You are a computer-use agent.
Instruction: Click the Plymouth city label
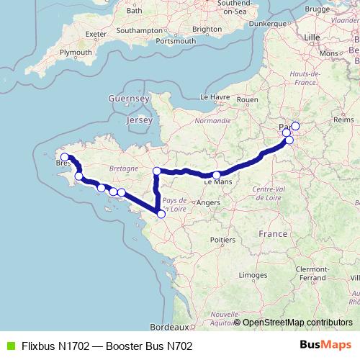coord(75,53)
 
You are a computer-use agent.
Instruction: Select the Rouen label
coord(246,99)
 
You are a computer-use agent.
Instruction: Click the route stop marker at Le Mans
coord(217,175)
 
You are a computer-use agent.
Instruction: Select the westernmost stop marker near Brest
coord(64,157)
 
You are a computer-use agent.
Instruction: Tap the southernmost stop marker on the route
coord(161,214)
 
